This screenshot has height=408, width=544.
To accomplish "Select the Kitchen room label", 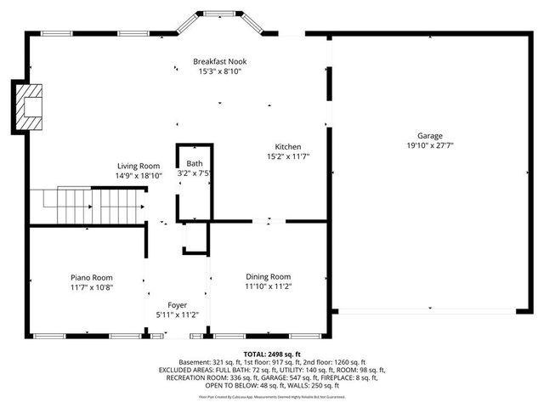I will [286, 146].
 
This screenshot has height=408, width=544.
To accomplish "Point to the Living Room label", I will [139, 165].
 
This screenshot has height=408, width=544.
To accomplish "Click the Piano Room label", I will [91, 277].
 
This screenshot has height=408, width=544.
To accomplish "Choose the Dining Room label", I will [269, 277].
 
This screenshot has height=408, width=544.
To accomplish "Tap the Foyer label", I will [177, 305].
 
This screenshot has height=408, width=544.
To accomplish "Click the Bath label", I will [195, 163].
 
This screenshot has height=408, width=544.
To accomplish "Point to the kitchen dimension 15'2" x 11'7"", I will [286, 156].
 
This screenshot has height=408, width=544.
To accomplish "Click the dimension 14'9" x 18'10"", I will [139, 175].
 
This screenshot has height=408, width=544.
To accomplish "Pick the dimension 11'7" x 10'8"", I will [91, 287].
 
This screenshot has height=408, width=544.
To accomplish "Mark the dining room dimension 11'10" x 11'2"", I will [269, 287].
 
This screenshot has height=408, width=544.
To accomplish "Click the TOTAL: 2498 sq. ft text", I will [272, 354].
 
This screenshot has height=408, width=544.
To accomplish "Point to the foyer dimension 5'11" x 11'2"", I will [177, 314].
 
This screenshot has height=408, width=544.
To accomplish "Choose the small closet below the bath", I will [195, 238].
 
